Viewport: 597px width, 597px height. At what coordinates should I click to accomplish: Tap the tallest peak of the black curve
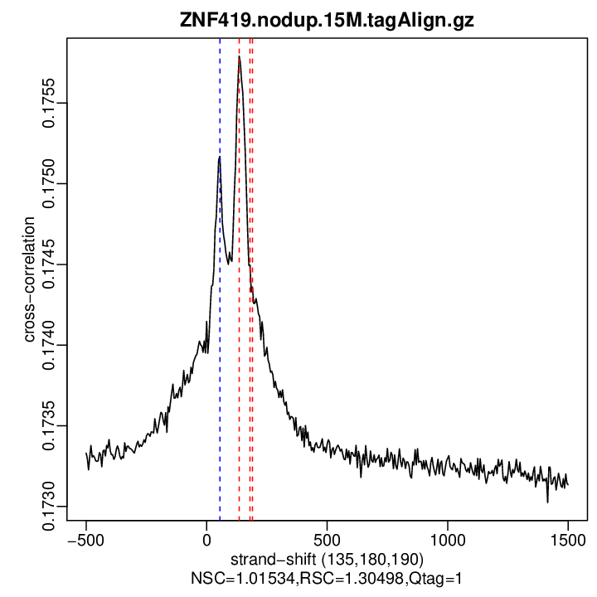pyautogui.click(x=239, y=58)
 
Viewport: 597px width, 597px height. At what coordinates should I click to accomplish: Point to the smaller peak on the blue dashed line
pyautogui.click(x=220, y=157)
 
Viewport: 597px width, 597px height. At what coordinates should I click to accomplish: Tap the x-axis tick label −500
pyautogui.click(x=85, y=539)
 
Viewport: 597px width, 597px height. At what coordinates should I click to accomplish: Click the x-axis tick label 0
pyautogui.click(x=206, y=539)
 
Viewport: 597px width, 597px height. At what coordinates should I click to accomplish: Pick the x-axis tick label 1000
pyautogui.click(x=448, y=539)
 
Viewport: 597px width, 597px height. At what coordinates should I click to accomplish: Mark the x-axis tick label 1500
pyautogui.click(x=568, y=539)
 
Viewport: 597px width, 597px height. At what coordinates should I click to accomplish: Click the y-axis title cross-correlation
pyautogui.click(x=29, y=279)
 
